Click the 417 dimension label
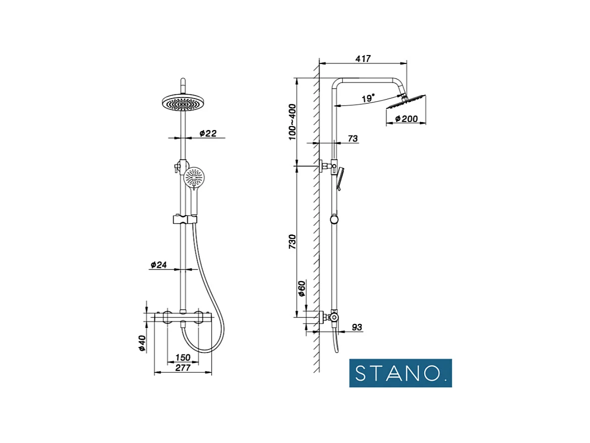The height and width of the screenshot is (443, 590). click(363, 58)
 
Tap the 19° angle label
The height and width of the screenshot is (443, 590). click(368, 98)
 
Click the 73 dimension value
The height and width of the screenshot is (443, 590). click(352, 139)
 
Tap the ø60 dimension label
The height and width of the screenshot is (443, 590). click(301, 288)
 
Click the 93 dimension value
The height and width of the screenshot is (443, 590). click(356, 327)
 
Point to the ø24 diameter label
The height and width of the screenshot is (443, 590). click(158, 264)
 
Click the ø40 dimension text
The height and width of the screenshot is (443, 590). click(142, 343)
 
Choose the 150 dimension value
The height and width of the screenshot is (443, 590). click(183, 357)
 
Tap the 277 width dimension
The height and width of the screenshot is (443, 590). click(183, 368)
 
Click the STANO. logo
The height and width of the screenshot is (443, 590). click(400, 373)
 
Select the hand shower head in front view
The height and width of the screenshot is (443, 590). click(194, 177)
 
